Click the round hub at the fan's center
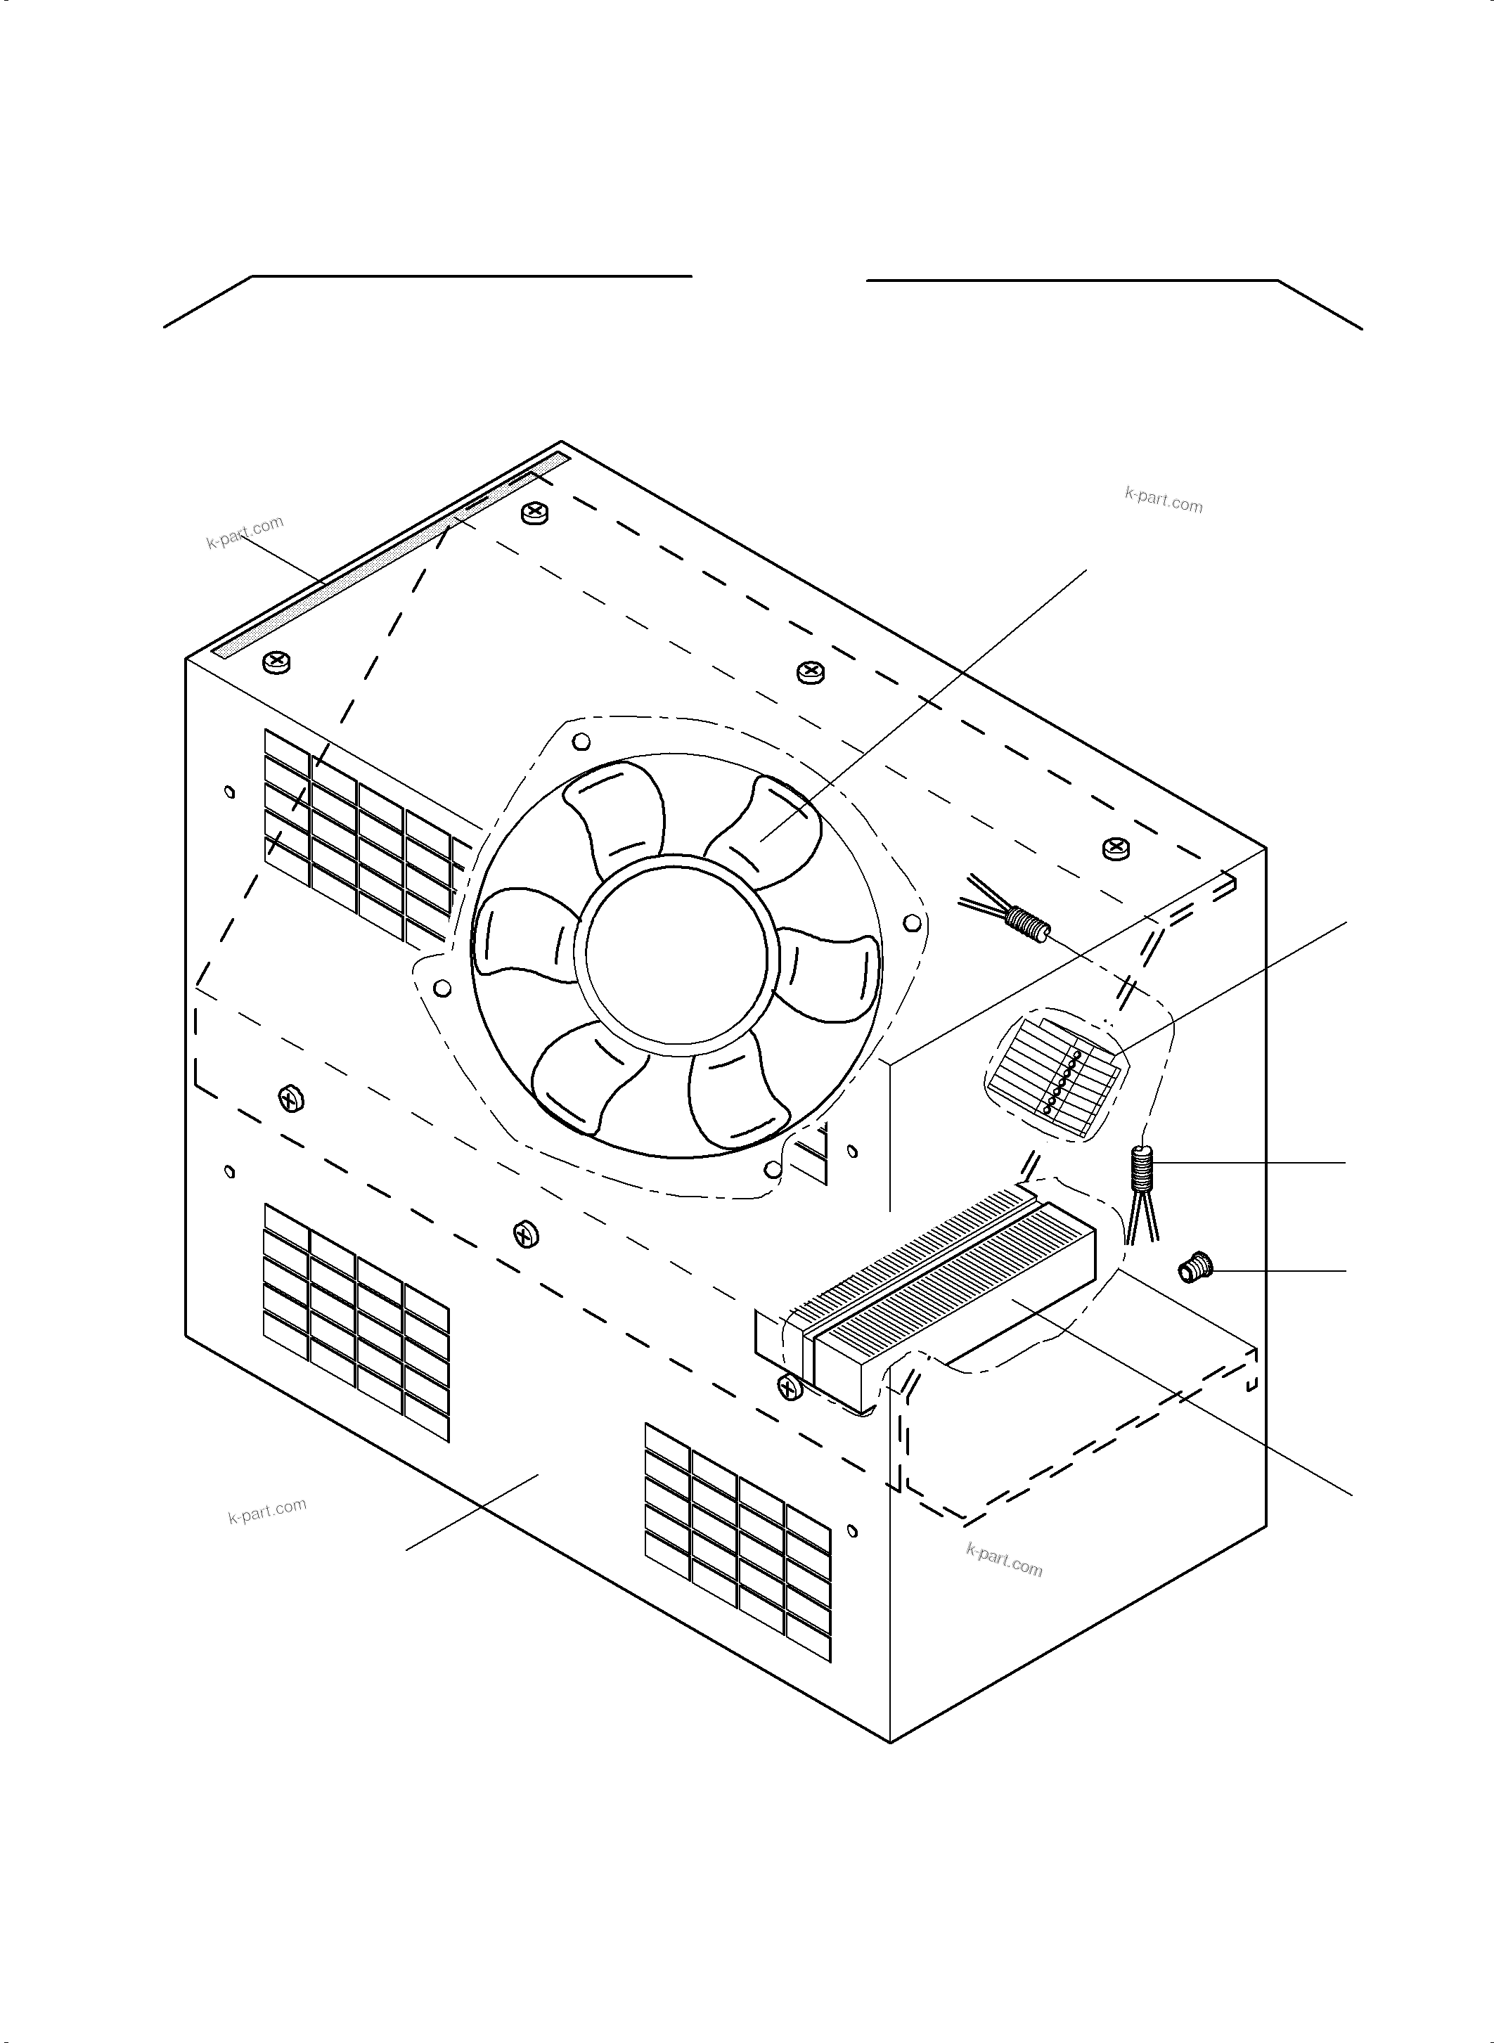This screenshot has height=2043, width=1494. click(676, 954)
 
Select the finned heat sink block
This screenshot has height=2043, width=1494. click(950, 1302)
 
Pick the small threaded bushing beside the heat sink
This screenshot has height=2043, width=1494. click(1194, 1270)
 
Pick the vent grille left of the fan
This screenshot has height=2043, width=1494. click(357, 837)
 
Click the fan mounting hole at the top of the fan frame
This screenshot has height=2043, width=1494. click(582, 742)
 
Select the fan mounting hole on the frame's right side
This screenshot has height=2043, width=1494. click(913, 922)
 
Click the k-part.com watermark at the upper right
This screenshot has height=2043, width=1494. click(1164, 499)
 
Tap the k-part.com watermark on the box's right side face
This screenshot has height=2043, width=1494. click(1004, 1559)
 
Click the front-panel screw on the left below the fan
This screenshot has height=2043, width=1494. click(291, 1100)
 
